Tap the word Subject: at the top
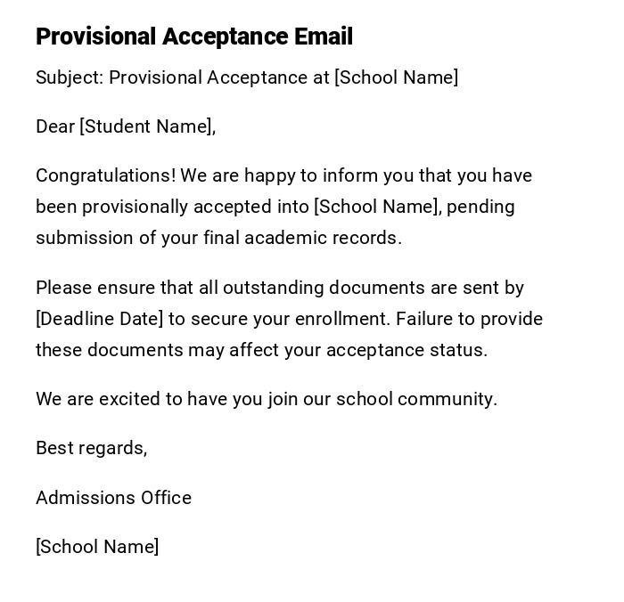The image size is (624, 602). point(70,77)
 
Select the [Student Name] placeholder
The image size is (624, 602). point(147,126)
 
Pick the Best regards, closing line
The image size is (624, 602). point(91,448)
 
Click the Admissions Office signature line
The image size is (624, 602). point(113,498)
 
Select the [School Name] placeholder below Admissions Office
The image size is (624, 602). point(97,547)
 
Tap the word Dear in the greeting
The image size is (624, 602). point(54,126)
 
